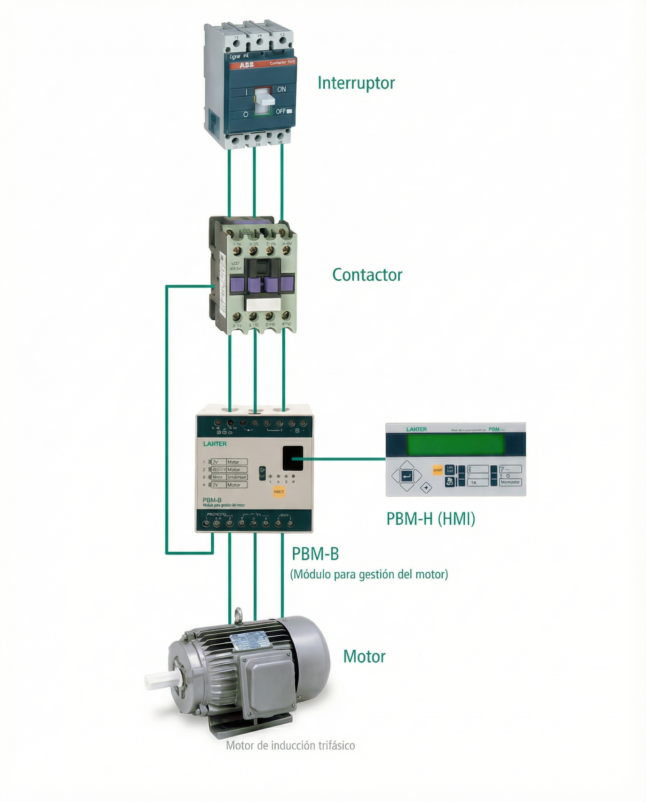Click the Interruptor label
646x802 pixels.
pos(356,83)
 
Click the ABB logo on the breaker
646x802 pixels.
pos(246,65)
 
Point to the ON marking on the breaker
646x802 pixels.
pos(281,89)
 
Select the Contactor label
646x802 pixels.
pos(367,275)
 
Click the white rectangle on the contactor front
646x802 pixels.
pos(263,305)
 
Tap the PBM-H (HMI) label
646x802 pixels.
pos(431,519)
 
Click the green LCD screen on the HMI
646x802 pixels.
pos(456,445)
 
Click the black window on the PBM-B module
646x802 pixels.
pos(293,458)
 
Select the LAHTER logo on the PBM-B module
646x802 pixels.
pos(215,443)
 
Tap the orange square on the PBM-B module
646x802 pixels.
pos(279,492)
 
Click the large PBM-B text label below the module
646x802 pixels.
pos(315,554)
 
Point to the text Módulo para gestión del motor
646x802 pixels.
pos(369,574)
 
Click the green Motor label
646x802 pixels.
pos(364,656)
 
